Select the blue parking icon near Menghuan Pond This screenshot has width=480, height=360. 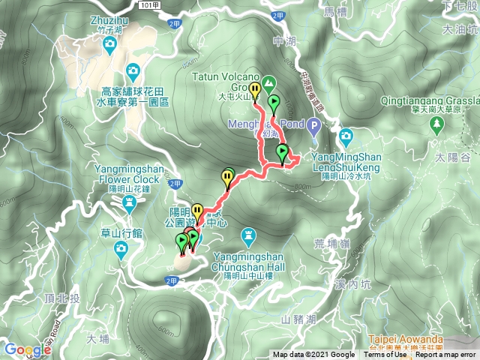click(x=315, y=127)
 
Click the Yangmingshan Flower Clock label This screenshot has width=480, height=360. click(x=127, y=174)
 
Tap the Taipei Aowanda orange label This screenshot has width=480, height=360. click(x=407, y=339)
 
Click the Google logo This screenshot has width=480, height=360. click(x=26, y=349)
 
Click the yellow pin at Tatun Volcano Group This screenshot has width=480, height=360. click(x=255, y=91)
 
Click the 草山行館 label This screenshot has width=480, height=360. click(x=121, y=233)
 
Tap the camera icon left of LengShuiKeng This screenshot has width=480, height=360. click(x=346, y=136)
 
